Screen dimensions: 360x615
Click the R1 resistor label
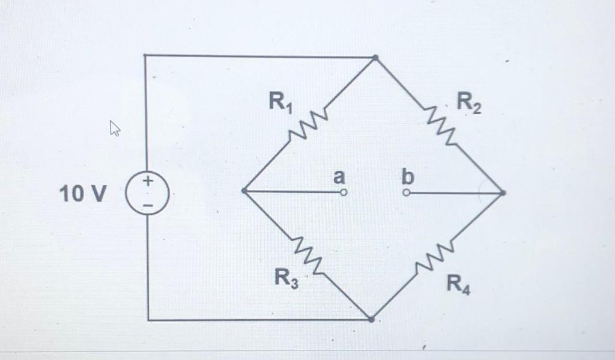(280, 103)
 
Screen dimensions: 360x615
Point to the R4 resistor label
(459, 282)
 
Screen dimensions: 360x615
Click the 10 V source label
(83, 194)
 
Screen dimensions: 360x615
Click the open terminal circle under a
(344, 192)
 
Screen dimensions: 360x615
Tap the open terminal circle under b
(407, 193)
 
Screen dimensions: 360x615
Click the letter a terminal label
(339, 177)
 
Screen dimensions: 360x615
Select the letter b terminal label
(408, 177)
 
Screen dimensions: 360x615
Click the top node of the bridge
(375, 58)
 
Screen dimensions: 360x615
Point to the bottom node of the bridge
(372, 320)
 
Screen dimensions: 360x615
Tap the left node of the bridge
(243, 191)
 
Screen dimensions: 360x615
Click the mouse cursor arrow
(114, 128)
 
